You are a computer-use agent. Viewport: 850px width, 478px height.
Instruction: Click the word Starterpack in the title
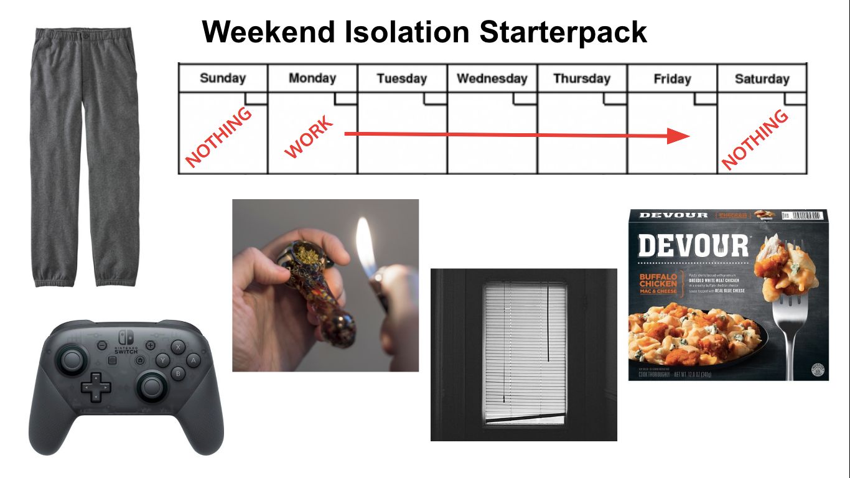pyautogui.click(x=563, y=32)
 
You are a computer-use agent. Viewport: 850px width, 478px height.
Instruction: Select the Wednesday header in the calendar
pyautogui.click(x=492, y=78)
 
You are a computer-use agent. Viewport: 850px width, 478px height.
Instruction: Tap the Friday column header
pyautogui.click(x=672, y=79)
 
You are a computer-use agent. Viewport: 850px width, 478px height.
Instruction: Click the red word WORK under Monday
pyautogui.click(x=309, y=137)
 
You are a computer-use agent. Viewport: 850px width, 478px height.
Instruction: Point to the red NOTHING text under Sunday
pyautogui.click(x=219, y=138)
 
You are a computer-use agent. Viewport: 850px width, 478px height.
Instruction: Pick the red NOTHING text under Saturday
pyautogui.click(x=755, y=139)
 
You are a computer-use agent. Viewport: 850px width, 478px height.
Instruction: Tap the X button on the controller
pyautogui.click(x=179, y=347)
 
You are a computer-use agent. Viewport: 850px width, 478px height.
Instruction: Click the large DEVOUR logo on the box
pyautogui.click(x=693, y=246)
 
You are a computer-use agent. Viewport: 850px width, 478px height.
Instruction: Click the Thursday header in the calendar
pyautogui.click(x=582, y=79)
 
